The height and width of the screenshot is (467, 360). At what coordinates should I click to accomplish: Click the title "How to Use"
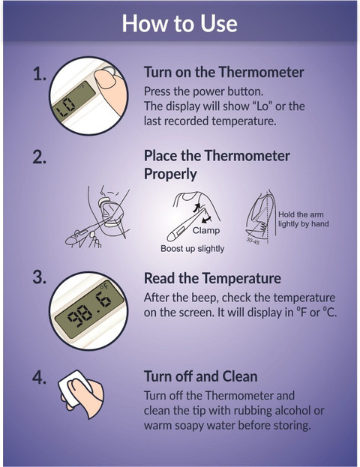pyautogui.click(x=180, y=23)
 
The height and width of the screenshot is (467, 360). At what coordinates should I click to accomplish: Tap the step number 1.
pyautogui.click(x=40, y=73)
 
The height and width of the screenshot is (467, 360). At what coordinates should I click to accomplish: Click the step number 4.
pyautogui.click(x=39, y=377)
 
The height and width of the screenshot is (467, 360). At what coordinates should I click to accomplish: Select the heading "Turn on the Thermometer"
pyautogui.click(x=223, y=72)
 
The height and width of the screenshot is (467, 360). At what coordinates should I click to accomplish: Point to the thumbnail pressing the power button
pyautogui.click(x=106, y=79)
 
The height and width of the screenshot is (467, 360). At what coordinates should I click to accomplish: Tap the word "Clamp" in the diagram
pyautogui.click(x=206, y=230)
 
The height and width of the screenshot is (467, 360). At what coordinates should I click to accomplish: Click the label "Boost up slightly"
pyautogui.click(x=193, y=248)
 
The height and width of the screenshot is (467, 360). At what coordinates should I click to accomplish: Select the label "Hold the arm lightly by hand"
pyautogui.click(x=304, y=219)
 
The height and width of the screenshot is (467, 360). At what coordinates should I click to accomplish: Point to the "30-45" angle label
pyautogui.click(x=253, y=241)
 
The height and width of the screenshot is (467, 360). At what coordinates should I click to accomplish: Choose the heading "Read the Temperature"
pyautogui.click(x=212, y=278)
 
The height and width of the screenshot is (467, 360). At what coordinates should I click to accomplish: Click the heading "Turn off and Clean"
pyautogui.click(x=200, y=376)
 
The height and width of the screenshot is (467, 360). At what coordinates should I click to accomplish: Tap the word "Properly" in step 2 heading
pyautogui.click(x=170, y=174)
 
